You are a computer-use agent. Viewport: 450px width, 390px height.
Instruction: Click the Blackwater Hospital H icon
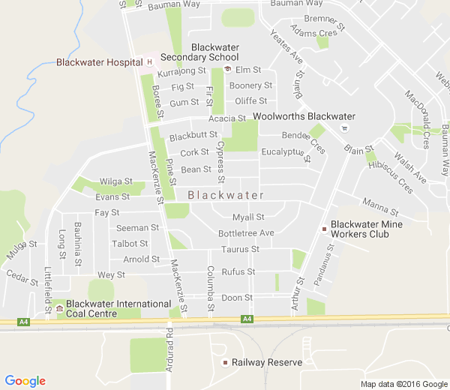pos(149,61)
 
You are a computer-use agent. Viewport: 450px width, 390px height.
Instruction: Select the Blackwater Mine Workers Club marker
pos(324,228)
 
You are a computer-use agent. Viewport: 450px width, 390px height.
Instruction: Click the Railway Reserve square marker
pos(224,363)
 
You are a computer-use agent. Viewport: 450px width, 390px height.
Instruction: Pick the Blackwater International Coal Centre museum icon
pos(59,308)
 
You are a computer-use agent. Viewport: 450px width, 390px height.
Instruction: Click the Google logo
pos(25,381)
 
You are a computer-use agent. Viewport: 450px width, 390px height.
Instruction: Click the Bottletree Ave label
pos(246,233)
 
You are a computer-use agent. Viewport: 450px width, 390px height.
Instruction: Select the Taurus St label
pos(241,249)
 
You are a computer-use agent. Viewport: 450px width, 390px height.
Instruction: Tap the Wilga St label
pos(115,181)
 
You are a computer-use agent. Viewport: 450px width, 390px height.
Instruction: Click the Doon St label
pos(237,298)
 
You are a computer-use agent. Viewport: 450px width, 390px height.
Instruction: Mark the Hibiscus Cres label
pos(396,176)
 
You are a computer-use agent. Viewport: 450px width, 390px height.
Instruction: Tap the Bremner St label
pos(324,22)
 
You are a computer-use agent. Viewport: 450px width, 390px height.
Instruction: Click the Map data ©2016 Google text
pos(403,384)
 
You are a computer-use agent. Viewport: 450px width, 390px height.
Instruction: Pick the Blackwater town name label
pos(226,196)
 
